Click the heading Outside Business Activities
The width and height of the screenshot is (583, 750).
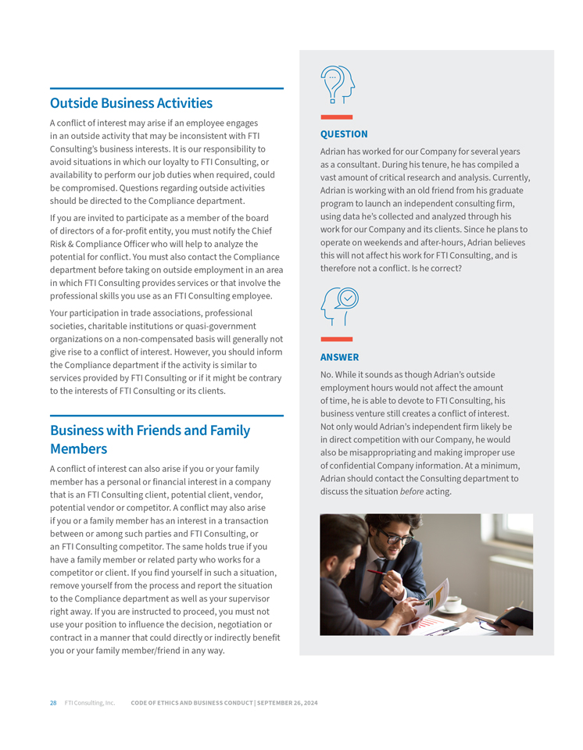point(131,103)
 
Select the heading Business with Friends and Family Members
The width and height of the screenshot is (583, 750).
point(150,439)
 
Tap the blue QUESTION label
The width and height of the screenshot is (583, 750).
point(344,134)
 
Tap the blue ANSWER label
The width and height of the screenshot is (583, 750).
point(340,357)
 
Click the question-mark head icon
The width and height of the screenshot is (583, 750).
point(338,84)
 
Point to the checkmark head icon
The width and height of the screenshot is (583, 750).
point(340,305)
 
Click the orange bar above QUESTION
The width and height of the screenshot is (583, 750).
point(337,117)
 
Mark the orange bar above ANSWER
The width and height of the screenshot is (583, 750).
point(337,339)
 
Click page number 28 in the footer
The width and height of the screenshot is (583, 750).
point(53,703)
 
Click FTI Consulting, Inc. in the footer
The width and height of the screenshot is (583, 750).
point(90,703)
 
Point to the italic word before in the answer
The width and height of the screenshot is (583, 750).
point(412,491)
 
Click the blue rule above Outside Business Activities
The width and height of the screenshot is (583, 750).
point(166,88)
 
